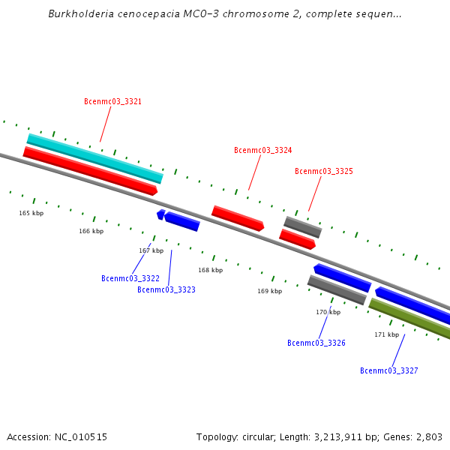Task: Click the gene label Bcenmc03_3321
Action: pyautogui.click(x=113, y=101)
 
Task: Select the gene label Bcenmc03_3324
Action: pyautogui.click(x=263, y=150)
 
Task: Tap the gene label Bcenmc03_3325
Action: pyautogui.click(x=324, y=171)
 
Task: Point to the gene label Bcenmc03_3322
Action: pyautogui.click(x=130, y=278)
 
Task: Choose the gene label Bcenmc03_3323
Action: pyautogui.click(x=166, y=289)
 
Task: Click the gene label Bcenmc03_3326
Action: pyautogui.click(x=316, y=343)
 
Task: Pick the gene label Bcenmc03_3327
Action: pyautogui.click(x=389, y=370)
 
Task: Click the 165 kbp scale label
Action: pyautogui.click(x=31, y=214)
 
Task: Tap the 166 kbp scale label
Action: pyautogui.click(x=91, y=232)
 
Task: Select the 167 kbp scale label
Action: pyautogui.click(x=151, y=250)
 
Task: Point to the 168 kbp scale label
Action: pyautogui.click(x=211, y=270)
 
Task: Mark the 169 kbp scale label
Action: pyautogui.click(x=270, y=291)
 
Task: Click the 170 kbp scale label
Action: pyautogui.click(x=328, y=312)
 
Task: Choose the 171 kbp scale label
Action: pyautogui.click(x=387, y=334)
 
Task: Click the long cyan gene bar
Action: pyautogui.click(x=95, y=157)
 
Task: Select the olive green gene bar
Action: pyautogui.click(x=409, y=319)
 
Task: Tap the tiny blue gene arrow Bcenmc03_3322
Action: pyautogui.click(x=160, y=214)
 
